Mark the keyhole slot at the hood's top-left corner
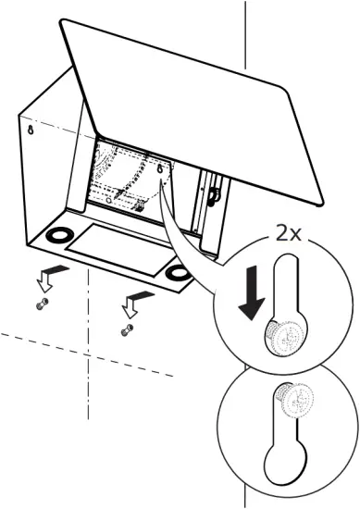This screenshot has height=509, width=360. pos(31,130)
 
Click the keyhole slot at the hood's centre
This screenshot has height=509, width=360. pos(163,171)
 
